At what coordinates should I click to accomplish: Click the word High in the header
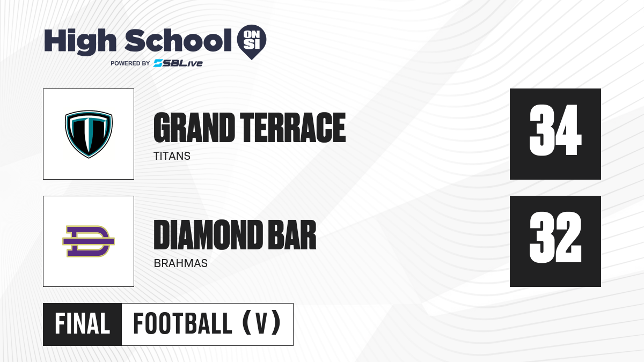[x=80, y=42]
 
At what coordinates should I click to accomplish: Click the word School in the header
[x=178, y=40]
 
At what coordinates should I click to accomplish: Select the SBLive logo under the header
[x=178, y=63]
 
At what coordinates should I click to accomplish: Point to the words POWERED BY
[x=130, y=63]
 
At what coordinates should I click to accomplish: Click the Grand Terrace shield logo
[x=89, y=134]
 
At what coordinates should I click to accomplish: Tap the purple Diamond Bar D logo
[x=89, y=241]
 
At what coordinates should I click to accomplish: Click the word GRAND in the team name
[x=194, y=128]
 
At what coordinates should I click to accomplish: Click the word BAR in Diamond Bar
[x=292, y=235]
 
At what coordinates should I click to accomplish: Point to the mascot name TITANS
[x=172, y=156]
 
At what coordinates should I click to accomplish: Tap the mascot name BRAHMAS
[x=180, y=263]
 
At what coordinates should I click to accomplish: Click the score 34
[x=555, y=130]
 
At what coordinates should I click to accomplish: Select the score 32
[x=555, y=237]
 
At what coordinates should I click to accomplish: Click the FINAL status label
[x=82, y=324]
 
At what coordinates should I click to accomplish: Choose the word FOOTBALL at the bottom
[x=182, y=323]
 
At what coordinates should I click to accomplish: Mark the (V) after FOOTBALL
[x=261, y=323]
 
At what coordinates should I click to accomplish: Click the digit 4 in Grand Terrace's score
[x=569, y=130]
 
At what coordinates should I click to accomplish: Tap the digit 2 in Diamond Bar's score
[x=569, y=237]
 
